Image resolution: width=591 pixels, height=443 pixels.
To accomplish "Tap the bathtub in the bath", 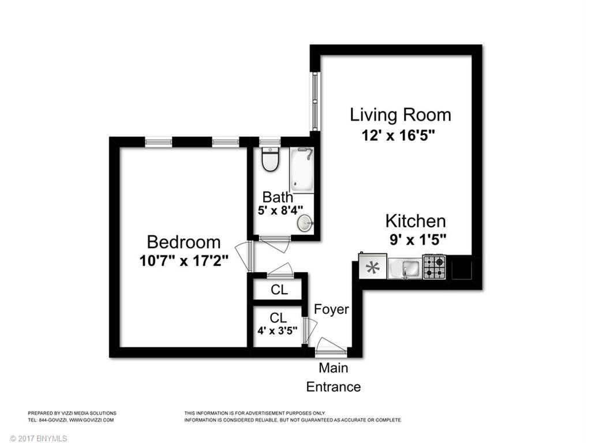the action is pyautogui.click(x=301, y=170).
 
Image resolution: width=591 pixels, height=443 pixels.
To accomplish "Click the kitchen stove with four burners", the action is pyautogui.click(x=435, y=266).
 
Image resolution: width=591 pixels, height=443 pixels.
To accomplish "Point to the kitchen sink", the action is pyautogui.click(x=405, y=269).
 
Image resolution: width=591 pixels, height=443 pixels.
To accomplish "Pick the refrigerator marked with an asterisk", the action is pyautogui.click(x=373, y=266).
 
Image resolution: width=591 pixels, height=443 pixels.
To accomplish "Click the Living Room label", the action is pyautogui.click(x=401, y=115).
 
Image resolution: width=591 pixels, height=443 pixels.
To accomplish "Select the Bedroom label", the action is pyautogui.click(x=184, y=242).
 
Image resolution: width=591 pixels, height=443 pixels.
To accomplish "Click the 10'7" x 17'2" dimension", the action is pyautogui.click(x=184, y=261).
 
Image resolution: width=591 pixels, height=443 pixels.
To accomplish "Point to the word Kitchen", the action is pyautogui.click(x=416, y=221).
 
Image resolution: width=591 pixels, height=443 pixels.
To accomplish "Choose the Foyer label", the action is pyautogui.click(x=331, y=309).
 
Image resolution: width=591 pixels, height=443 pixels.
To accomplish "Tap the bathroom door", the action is pyautogui.click(x=274, y=243).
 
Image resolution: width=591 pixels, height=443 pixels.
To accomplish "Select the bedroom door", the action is pyautogui.click(x=245, y=256).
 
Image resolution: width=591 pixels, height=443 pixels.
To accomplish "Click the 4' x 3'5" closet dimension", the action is pyautogui.click(x=278, y=331).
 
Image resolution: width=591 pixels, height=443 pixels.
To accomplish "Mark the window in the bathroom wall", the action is pyautogui.click(x=270, y=142).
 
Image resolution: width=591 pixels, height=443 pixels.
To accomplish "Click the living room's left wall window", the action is pyautogui.click(x=315, y=102).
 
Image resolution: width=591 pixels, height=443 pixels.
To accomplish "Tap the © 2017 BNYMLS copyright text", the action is pyautogui.click(x=39, y=438).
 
